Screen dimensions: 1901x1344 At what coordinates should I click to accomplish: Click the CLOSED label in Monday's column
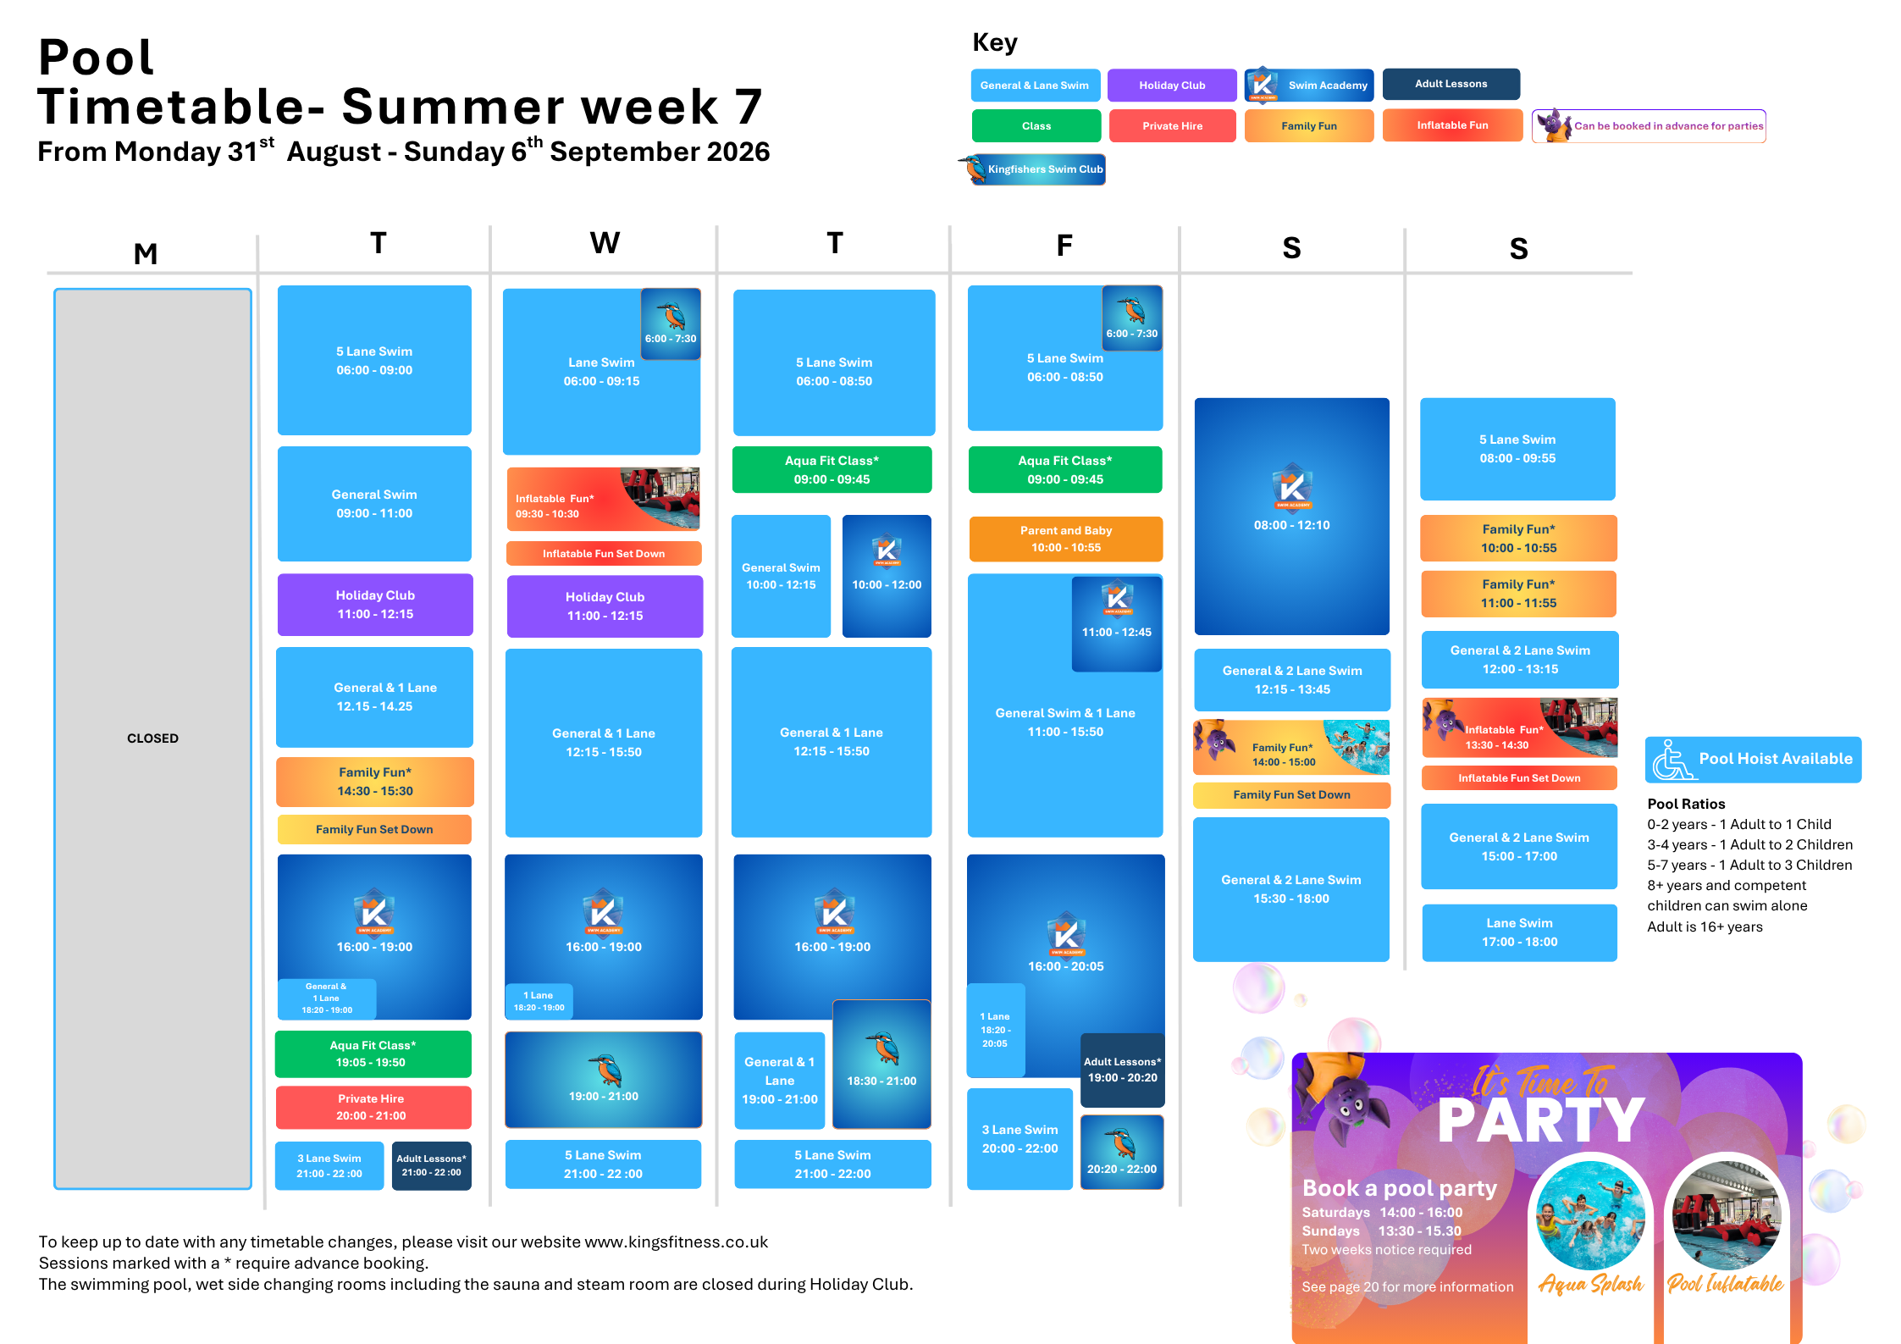click(x=152, y=738)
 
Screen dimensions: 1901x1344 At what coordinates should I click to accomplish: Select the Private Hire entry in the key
click(x=1172, y=126)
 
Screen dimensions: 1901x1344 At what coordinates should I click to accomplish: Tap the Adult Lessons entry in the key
click(x=1451, y=84)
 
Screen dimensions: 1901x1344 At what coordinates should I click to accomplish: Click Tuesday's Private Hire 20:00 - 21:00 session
click(x=373, y=1107)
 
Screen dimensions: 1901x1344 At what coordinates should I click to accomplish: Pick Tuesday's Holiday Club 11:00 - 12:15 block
click(x=375, y=605)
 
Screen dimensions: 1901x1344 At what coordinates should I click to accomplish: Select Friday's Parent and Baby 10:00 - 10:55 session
click(x=1065, y=539)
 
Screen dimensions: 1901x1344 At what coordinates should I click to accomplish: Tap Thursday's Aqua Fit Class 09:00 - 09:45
click(x=832, y=470)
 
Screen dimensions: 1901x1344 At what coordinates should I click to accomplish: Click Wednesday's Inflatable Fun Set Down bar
click(x=604, y=554)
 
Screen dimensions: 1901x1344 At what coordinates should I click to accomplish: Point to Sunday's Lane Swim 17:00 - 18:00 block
click(x=1519, y=932)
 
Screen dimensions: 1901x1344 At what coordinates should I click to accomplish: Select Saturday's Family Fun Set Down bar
click(x=1291, y=795)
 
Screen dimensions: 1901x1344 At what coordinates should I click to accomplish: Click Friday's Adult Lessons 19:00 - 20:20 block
click(x=1122, y=1070)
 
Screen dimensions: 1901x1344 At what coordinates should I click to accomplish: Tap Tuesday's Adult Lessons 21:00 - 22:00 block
click(x=432, y=1165)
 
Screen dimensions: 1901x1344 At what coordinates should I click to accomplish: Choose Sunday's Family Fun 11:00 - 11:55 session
click(x=1518, y=594)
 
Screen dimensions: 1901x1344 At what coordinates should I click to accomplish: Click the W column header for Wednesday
click(x=605, y=243)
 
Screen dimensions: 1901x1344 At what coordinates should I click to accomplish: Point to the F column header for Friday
click(x=1064, y=246)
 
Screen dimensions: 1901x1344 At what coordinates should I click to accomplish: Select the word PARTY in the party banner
click(x=1541, y=1120)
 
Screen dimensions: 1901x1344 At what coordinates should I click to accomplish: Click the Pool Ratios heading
click(x=1686, y=804)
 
